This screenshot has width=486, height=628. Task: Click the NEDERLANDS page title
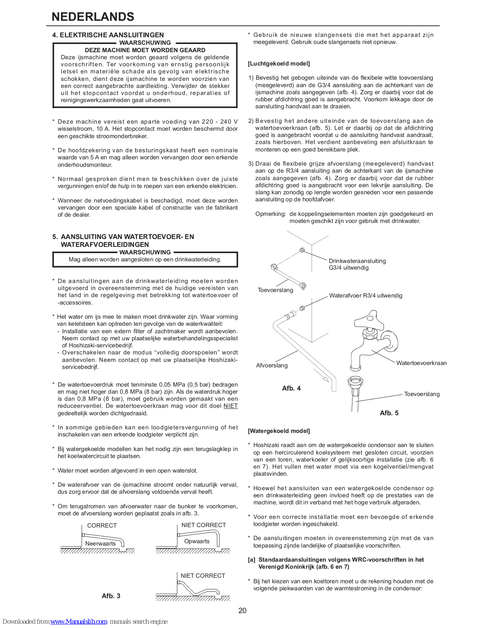coord(93,16)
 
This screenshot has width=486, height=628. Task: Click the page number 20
coord(242,610)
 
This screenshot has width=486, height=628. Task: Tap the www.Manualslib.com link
coord(79,621)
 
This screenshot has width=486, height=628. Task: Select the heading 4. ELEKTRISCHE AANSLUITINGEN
coord(108,35)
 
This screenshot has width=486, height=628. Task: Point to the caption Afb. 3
coord(111,596)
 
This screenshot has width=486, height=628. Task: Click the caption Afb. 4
coord(291,388)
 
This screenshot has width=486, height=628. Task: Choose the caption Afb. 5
coord(389,413)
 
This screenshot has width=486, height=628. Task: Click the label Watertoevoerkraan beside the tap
coord(421,363)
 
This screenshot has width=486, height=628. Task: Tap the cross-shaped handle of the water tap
coord(369,320)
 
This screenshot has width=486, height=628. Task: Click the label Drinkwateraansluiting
coord(357,261)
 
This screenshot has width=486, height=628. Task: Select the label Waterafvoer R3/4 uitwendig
coord(365,296)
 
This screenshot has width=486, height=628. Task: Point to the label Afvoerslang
coord(271,365)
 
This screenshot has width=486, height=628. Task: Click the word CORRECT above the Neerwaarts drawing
coord(102,525)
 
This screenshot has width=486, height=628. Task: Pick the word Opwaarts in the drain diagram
coord(197,541)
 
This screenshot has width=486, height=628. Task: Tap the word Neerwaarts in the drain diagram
coord(100,544)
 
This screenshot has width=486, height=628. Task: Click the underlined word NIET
coord(231,406)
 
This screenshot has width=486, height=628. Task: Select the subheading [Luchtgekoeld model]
coord(279,64)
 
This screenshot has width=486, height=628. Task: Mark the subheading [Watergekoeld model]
coord(279,431)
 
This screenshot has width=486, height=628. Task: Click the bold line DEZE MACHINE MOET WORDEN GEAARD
coord(145,50)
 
